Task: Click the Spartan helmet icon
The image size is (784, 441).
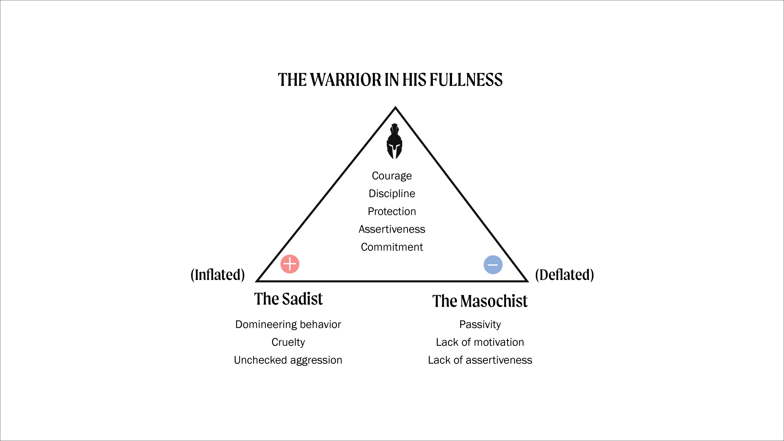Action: [x=394, y=142]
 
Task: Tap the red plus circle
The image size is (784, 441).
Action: [x=290, y=264]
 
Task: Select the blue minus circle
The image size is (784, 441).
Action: [x=493, y=265]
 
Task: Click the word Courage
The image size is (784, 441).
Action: [x=392, y=176]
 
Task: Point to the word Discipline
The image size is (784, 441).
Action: [x=392, y=194]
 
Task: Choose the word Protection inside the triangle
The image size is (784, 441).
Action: [x=392, y=212]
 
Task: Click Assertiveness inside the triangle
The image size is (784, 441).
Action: [x=392, y=229]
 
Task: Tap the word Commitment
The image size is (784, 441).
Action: [x=392, y=247]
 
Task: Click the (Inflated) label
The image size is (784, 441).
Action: [x=218, y=275]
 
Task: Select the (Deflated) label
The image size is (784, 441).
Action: [x=564, y=275]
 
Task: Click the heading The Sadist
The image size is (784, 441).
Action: [x=288, y=299]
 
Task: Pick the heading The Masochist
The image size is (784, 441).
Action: [x=480, y=301]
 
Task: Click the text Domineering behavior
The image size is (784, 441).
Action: [x=288, y=325]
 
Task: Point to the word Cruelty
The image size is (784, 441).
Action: [x=288, y=342]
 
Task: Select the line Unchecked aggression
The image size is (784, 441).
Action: [x=288, y=360]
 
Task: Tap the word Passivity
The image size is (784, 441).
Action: [x=480, y=325]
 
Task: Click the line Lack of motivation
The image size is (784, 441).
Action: [x=480, y=342]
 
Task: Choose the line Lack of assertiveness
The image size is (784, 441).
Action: [x=480, y=360]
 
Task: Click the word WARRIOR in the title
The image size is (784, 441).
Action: [x=346, y=80]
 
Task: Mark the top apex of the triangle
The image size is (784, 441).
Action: [x=395, y=108]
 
